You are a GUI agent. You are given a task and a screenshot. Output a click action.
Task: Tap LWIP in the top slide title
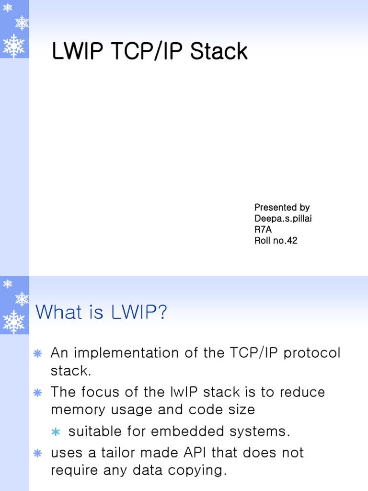pos(75,52)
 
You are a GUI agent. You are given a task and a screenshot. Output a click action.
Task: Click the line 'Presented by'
pos(282,208)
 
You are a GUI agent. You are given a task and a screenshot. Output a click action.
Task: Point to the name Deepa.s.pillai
pos(286,219)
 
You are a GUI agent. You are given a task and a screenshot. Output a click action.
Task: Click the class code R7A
pos(263,230)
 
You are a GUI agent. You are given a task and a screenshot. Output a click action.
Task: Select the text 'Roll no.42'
pos(276,241)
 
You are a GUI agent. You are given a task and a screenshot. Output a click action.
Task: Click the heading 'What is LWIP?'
pos(102,313)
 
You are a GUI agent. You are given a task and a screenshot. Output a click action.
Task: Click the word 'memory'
pos(79,410)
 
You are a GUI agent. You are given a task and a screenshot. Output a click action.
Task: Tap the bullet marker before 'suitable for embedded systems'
pos(56,432)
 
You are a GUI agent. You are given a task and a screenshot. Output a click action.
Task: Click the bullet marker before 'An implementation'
pos(37,354)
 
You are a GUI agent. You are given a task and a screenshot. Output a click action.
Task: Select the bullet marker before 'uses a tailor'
pos(37,453)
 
